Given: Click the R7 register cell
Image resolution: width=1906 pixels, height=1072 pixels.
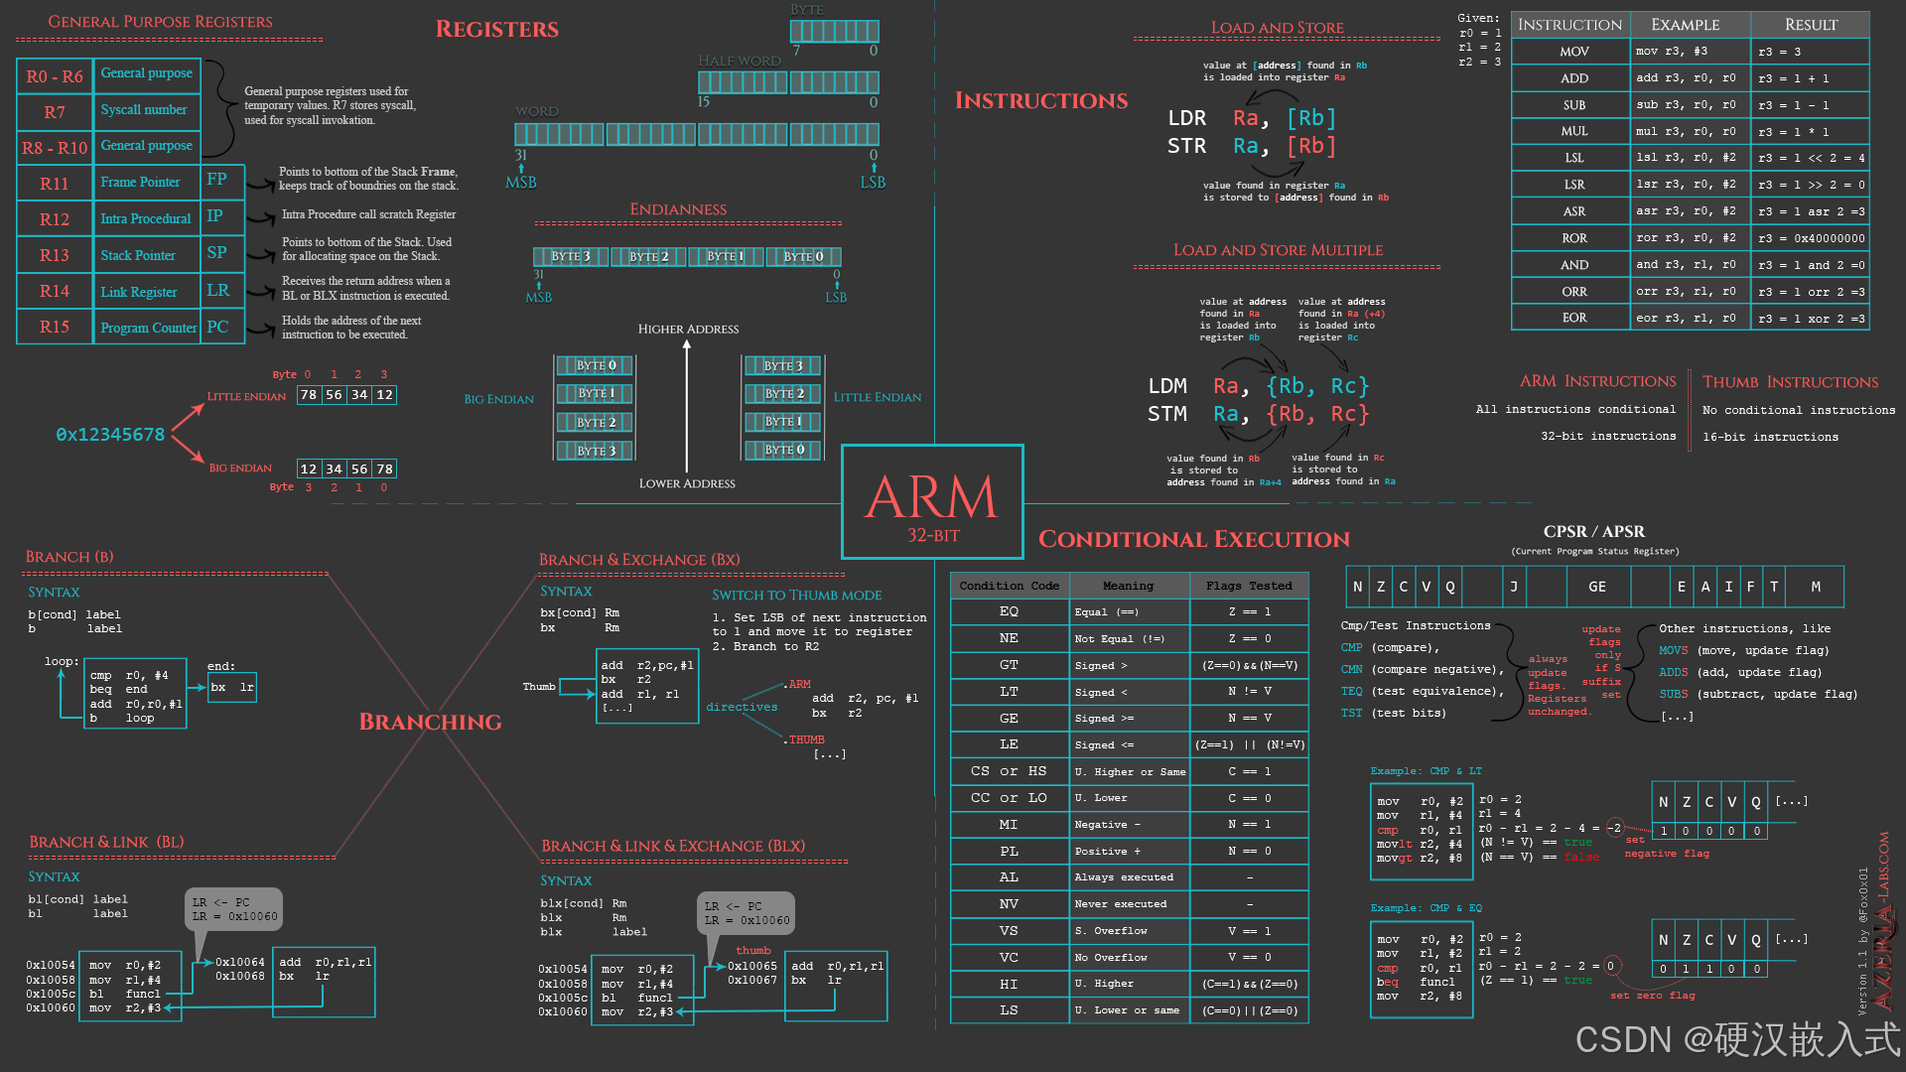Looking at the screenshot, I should click(55, 112).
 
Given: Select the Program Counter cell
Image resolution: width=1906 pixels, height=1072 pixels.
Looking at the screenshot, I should click(148, 328).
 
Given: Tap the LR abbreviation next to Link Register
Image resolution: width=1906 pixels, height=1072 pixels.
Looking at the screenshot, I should click(218, 291).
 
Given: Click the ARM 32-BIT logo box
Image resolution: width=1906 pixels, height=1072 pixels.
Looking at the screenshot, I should click(931, 502).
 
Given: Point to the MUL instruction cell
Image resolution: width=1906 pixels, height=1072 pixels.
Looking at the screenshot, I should click(1573, 131).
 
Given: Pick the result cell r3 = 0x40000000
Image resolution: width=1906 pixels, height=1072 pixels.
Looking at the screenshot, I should click(1811, 238).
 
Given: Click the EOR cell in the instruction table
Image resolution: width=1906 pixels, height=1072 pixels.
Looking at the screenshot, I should click(1573, 318).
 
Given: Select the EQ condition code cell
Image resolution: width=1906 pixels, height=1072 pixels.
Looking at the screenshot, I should click(1009, 611).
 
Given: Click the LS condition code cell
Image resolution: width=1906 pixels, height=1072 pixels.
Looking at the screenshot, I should click(1009, 1009).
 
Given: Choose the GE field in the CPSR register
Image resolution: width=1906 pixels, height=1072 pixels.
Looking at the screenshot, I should click(1596, 587).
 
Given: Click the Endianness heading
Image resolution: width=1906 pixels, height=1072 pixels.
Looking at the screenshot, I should click(678, 209).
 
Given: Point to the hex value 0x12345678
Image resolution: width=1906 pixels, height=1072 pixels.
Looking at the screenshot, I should click(110, 435).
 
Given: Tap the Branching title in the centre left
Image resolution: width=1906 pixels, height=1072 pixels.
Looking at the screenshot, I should click(430, 722).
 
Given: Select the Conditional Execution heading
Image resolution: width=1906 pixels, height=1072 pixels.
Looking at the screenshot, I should click(1193, 539).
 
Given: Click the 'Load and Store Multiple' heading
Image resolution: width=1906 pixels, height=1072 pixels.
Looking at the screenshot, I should click(1278, 250).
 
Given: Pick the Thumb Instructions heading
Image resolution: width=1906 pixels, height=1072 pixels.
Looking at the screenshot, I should click(1790, 382).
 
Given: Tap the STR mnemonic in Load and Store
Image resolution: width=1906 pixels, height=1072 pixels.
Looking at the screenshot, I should click(1186, 146).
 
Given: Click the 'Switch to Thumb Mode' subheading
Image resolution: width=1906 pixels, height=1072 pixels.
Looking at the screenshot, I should click(796, 595).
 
